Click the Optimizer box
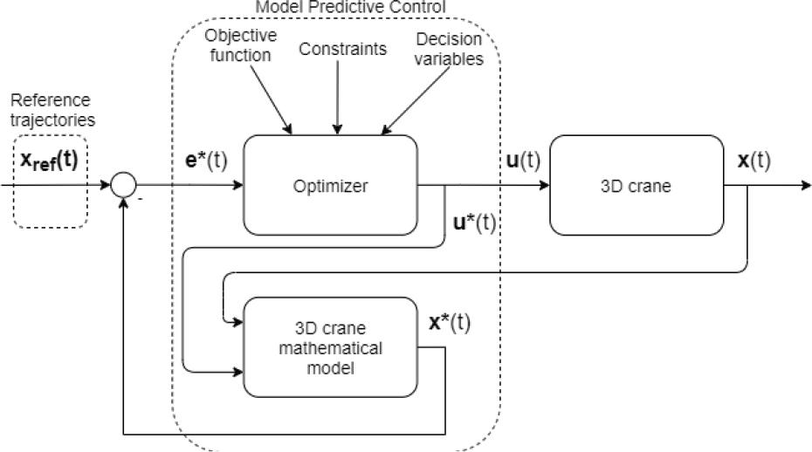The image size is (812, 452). [x=330, y=186]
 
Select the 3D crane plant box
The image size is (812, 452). [x=638, y=185]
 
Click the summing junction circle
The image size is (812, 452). [x=124, y=185]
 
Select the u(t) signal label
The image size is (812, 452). [x=521, y=162]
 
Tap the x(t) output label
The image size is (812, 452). [x=754, y=162]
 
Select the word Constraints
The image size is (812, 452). [x=342, y=49]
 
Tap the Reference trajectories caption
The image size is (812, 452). [x=51, y=108]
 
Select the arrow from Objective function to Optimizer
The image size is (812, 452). [x=271, y=103]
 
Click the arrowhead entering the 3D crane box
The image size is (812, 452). [x=544, y=185]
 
